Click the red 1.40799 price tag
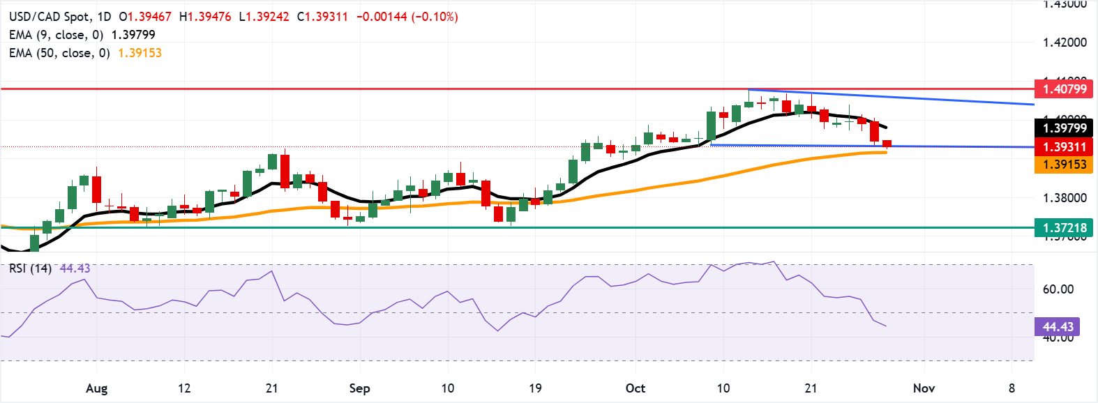click(x=1065, y=89)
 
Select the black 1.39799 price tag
click(x=1065, y=128)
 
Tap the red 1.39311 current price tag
click(x=1065, y=146)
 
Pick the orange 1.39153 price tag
click(x=1065, y=165)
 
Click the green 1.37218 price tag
click(x=1065, y=227)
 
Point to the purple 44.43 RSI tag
click(x=1058, y=326)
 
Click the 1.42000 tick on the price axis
click(x=1065, y=43)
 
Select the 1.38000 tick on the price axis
click(x=1065, y=198)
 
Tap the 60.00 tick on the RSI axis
click(x=1058, y=289)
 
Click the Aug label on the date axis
click(x=96, y=388)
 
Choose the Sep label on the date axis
click(x=359, y=388)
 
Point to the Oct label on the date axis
click(x=635, y=388)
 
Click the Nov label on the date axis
click(x=924, y=388)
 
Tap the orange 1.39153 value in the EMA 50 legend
click(x=140, y=53)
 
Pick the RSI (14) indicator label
click(x=30, y=268)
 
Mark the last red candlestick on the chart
click(x=887, y=144)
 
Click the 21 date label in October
click(x=811, y=388)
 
